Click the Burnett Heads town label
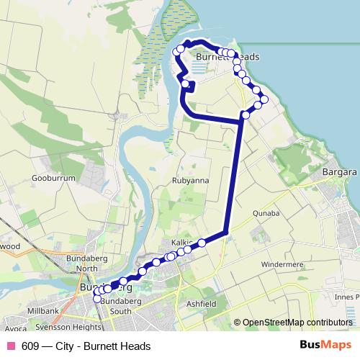coord(228,57)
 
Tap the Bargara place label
coord(340,173)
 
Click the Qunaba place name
coord(266,213)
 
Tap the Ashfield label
coord(202,305)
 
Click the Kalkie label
coord(181,242)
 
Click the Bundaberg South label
coord(115,305)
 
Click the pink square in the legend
coord(11,346)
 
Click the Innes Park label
coord(346,296)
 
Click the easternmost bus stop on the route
coord(264,99)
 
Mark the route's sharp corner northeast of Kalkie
coord(228,231)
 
